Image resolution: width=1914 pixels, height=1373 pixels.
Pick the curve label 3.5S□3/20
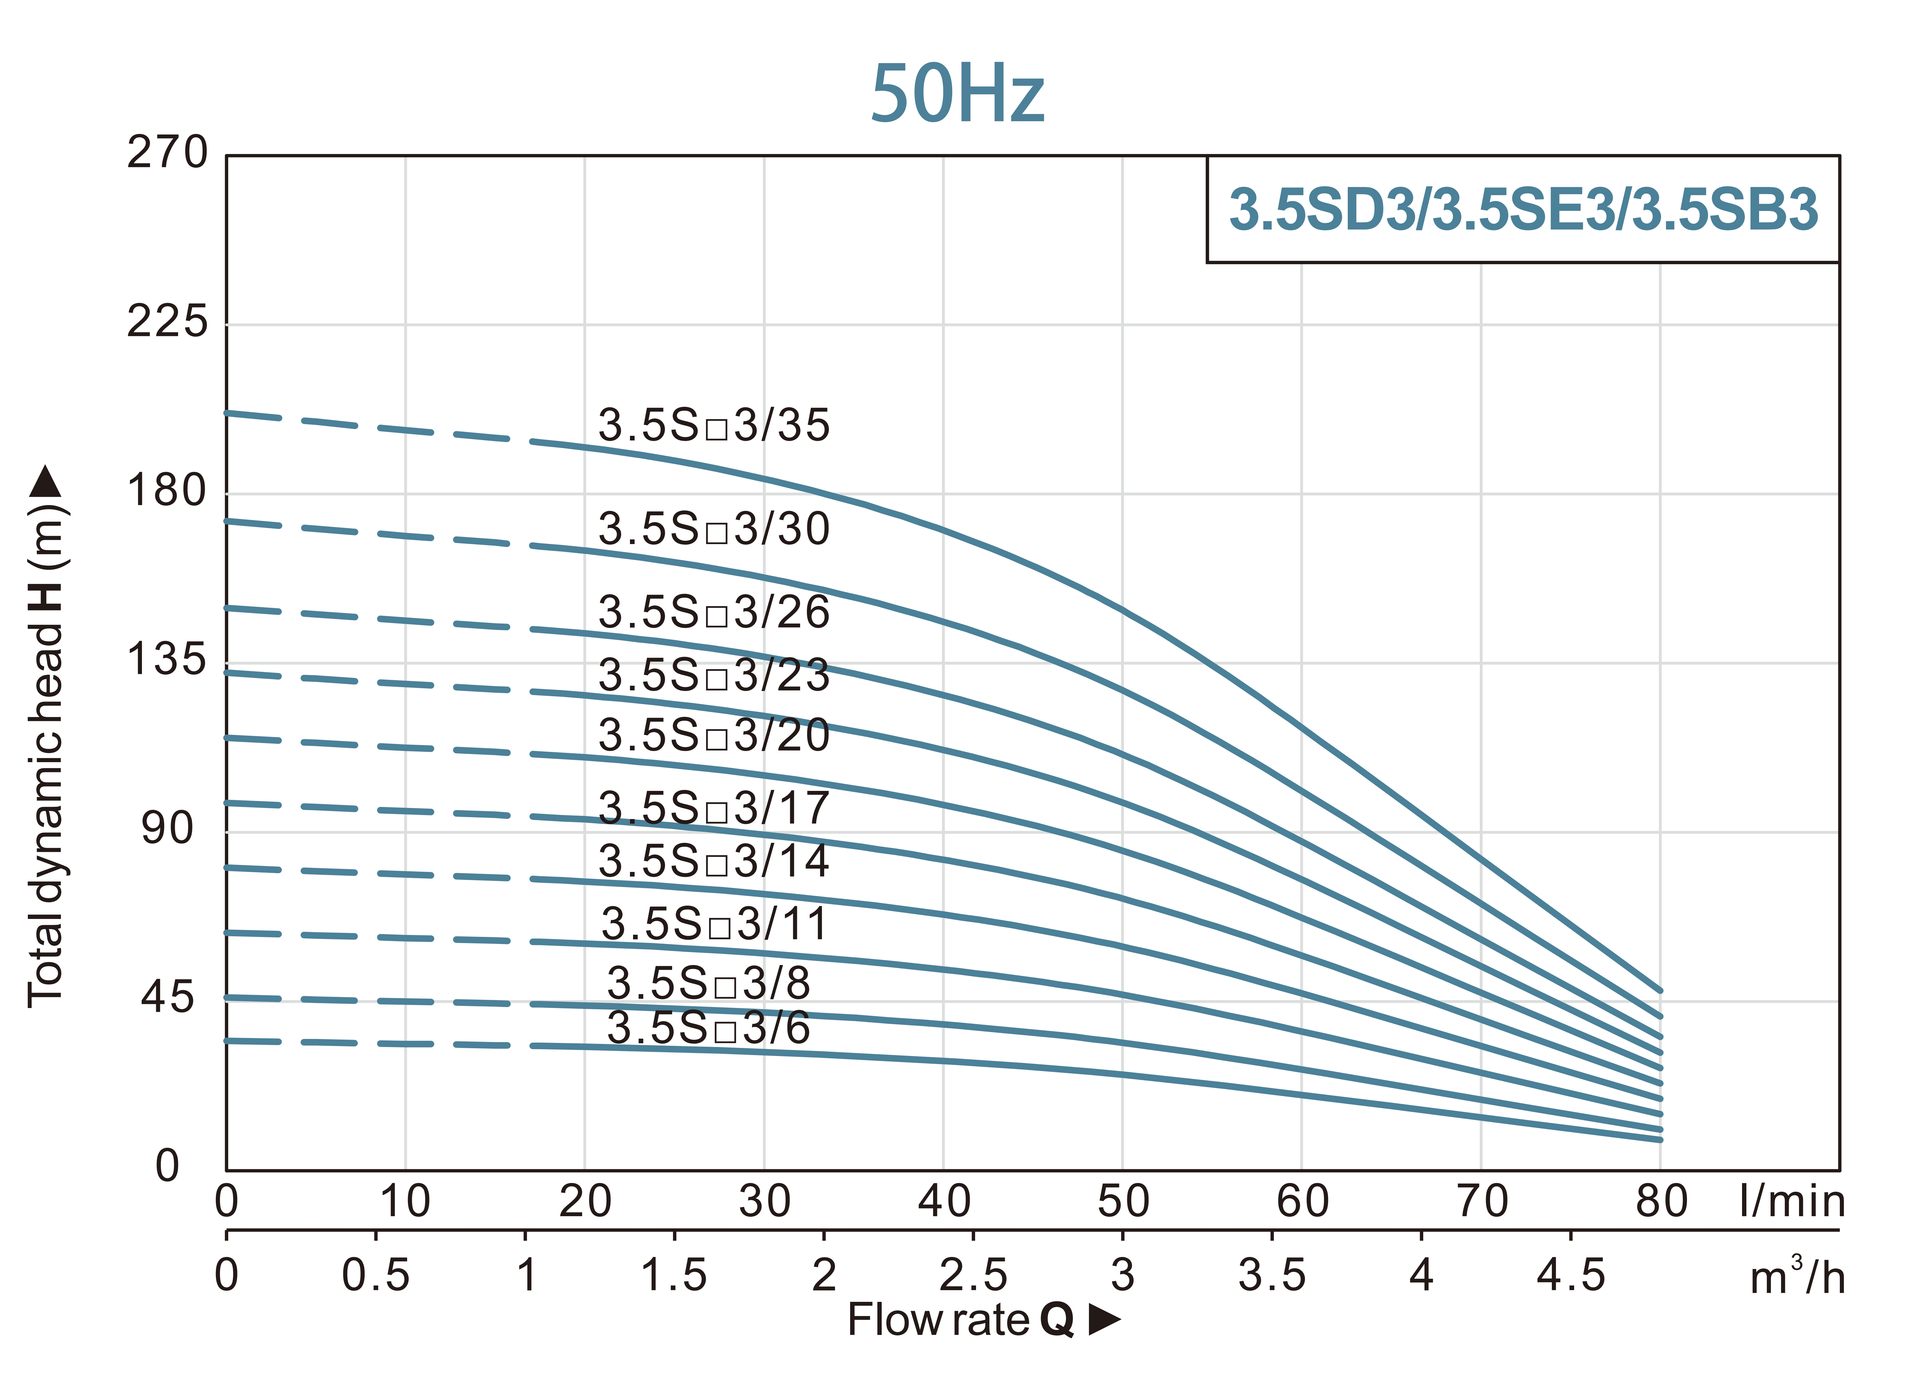coord(714,735)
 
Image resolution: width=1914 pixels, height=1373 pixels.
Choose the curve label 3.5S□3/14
coord(714,861)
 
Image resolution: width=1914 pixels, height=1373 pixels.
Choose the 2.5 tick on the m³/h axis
coord(973,1275)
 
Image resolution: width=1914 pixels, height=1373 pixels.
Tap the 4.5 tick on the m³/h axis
coord(1570,1275)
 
